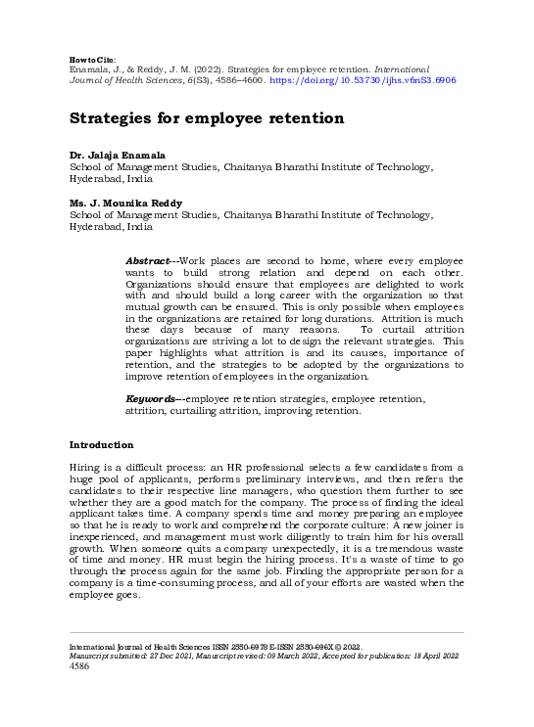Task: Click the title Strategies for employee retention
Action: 206,118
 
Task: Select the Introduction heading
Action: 101,445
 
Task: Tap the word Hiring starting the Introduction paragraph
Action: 84,469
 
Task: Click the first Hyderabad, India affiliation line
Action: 110,180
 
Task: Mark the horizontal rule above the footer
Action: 267,632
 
